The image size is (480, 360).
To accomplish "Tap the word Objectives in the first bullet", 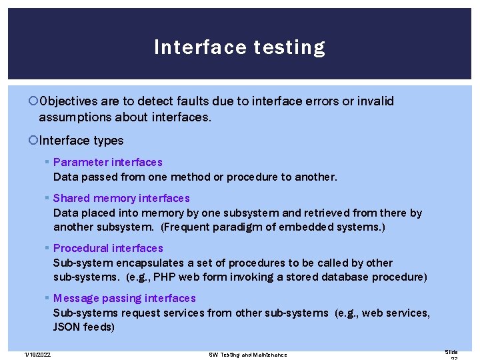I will (69, 101).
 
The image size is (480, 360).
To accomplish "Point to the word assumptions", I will (71, 117).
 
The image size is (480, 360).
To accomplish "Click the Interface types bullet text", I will (81, 140).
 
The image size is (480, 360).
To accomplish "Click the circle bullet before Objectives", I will (34, 101).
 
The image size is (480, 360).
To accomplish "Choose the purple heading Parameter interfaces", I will (107, 162).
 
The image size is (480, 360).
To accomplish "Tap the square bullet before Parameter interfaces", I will (47, 162).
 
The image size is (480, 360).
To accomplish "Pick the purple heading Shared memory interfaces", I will (121, 198).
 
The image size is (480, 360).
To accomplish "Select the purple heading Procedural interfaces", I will (108, 248).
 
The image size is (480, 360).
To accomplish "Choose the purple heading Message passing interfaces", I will (125, 298).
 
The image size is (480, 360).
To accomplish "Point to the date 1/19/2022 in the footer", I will (37, 354).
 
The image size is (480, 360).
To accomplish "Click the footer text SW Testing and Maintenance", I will (247, 355).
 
